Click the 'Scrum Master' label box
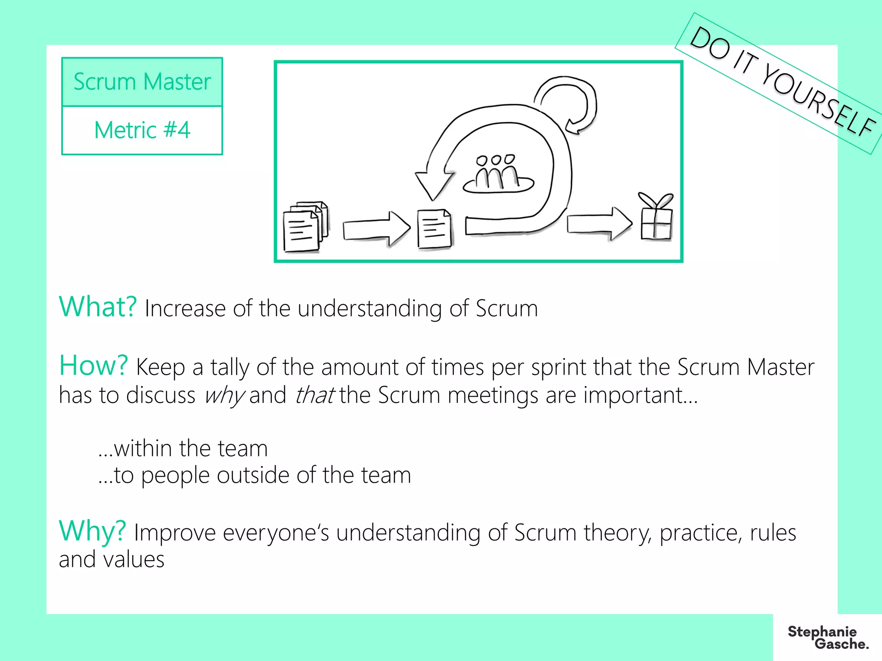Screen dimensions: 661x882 [x=142, y=82]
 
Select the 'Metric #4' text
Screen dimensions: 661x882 [x=142, y=130]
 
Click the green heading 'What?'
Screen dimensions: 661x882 [x=98, y=307]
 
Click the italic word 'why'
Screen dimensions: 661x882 [x=224, y=395]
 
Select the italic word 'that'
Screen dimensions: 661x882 [x=314, y=395]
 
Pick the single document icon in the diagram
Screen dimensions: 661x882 [x=434, y=229]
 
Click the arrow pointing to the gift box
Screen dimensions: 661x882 [x=599, y=223]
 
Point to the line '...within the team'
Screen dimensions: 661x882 [x=183, y=448]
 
